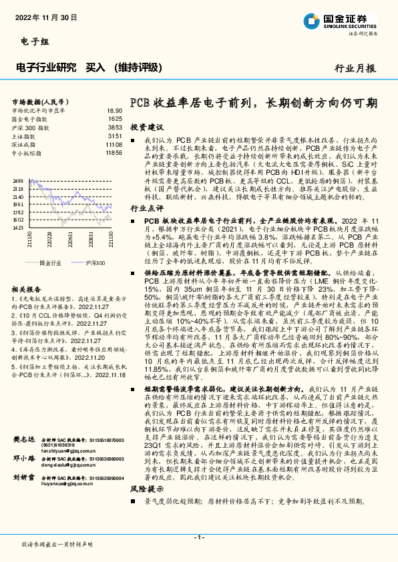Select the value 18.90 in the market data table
pyautogui.click(x=114, y=110)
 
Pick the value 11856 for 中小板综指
pyautogui.click(x=114, y=152)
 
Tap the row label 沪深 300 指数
pyautogui.click(x=31, y=127)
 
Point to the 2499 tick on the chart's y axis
pyautogui.click(x=18, y=181)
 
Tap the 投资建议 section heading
pyautogui.click(x=146, y=126)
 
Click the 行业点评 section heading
pyautogui.click(x=146, y=208)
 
